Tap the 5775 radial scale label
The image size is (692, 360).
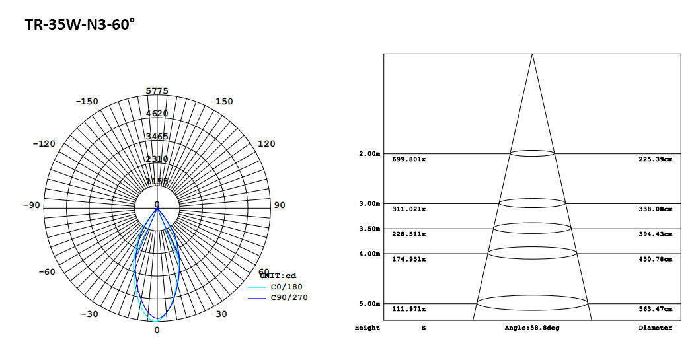[157, 91]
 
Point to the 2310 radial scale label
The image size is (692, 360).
[157, 159]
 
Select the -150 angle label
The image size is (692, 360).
[87, 102]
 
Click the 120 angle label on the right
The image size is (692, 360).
[266, 144]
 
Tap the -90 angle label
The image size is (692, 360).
[31, 205]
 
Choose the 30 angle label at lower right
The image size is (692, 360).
[221, 314]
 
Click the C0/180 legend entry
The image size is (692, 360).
[286, 287]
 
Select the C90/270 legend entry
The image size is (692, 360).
[289, 298]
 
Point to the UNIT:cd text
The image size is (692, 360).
[278, 275]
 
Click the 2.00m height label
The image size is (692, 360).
[369, 154]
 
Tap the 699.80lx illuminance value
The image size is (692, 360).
[409, 159]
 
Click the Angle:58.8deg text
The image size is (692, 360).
[531, 328]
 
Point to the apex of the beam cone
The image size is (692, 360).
[532, 54]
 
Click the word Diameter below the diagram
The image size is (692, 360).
[655, 328]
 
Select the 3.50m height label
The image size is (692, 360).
[369, 229]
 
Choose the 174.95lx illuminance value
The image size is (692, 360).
[409, 260]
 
